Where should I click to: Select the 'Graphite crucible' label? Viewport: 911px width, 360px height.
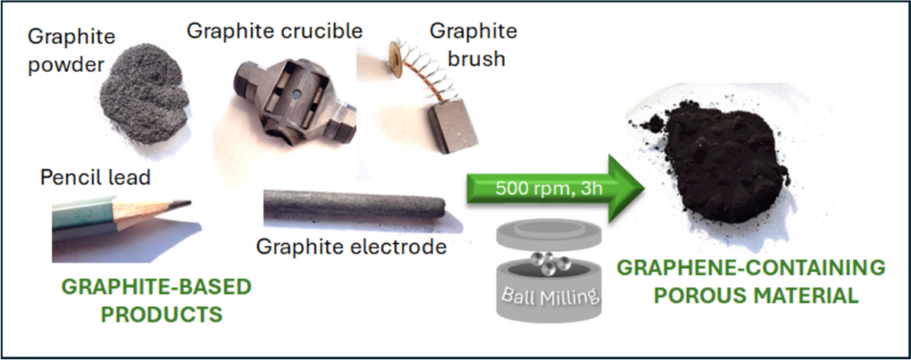click(x=274, y=30)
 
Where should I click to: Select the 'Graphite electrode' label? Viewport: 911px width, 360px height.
click(x=350, y=246)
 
